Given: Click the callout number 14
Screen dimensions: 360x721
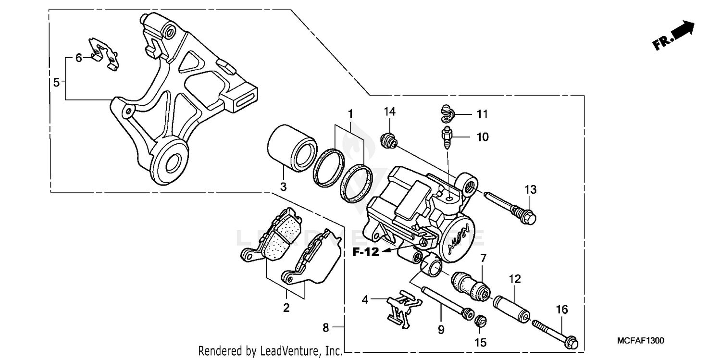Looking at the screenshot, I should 389,112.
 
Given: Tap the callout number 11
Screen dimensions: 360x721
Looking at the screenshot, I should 482,114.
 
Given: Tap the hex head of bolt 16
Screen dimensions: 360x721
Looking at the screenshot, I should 572,343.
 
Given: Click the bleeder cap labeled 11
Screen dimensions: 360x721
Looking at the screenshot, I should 446,112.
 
